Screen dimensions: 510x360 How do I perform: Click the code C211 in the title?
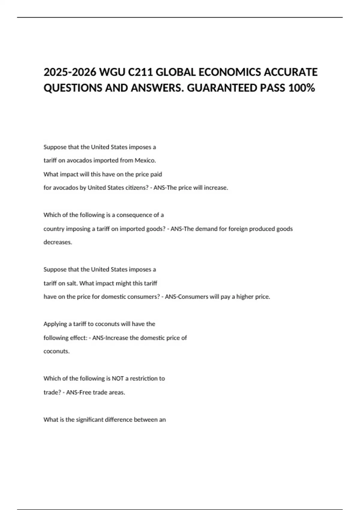[139, 72]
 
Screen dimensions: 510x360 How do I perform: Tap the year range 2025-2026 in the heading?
[69, 72]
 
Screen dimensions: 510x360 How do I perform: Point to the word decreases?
[58, 242]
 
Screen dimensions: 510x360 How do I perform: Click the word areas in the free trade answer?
[118, 392]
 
